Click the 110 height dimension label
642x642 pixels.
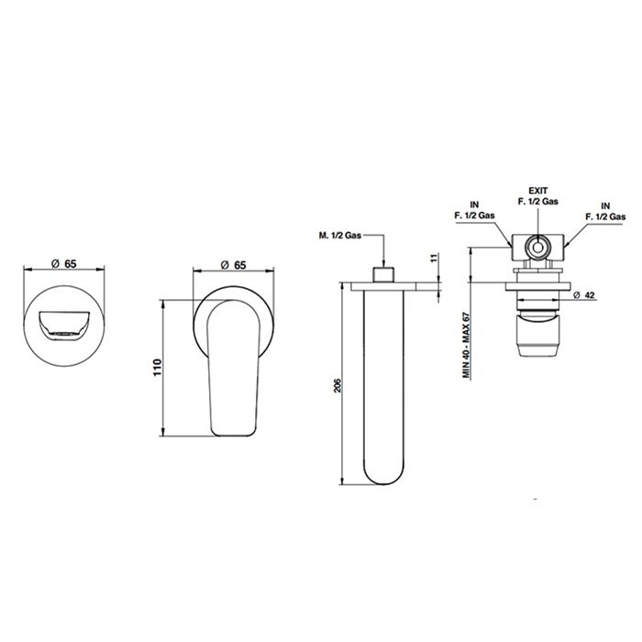tap(158, 368)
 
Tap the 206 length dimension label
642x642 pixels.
tap(338, 386)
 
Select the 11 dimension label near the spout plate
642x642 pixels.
tap(435, 258)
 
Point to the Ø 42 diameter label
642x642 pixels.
tap(585, 294)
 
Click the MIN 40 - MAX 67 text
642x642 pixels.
tap(466, 345)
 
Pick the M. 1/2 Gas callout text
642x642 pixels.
tap(340, 236)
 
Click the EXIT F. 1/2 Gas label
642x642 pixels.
tap(538, 196)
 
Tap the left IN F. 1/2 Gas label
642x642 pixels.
tap(474, 210)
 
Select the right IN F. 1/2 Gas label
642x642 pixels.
tap(605, 211)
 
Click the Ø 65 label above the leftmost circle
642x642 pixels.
tap(64, 264)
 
